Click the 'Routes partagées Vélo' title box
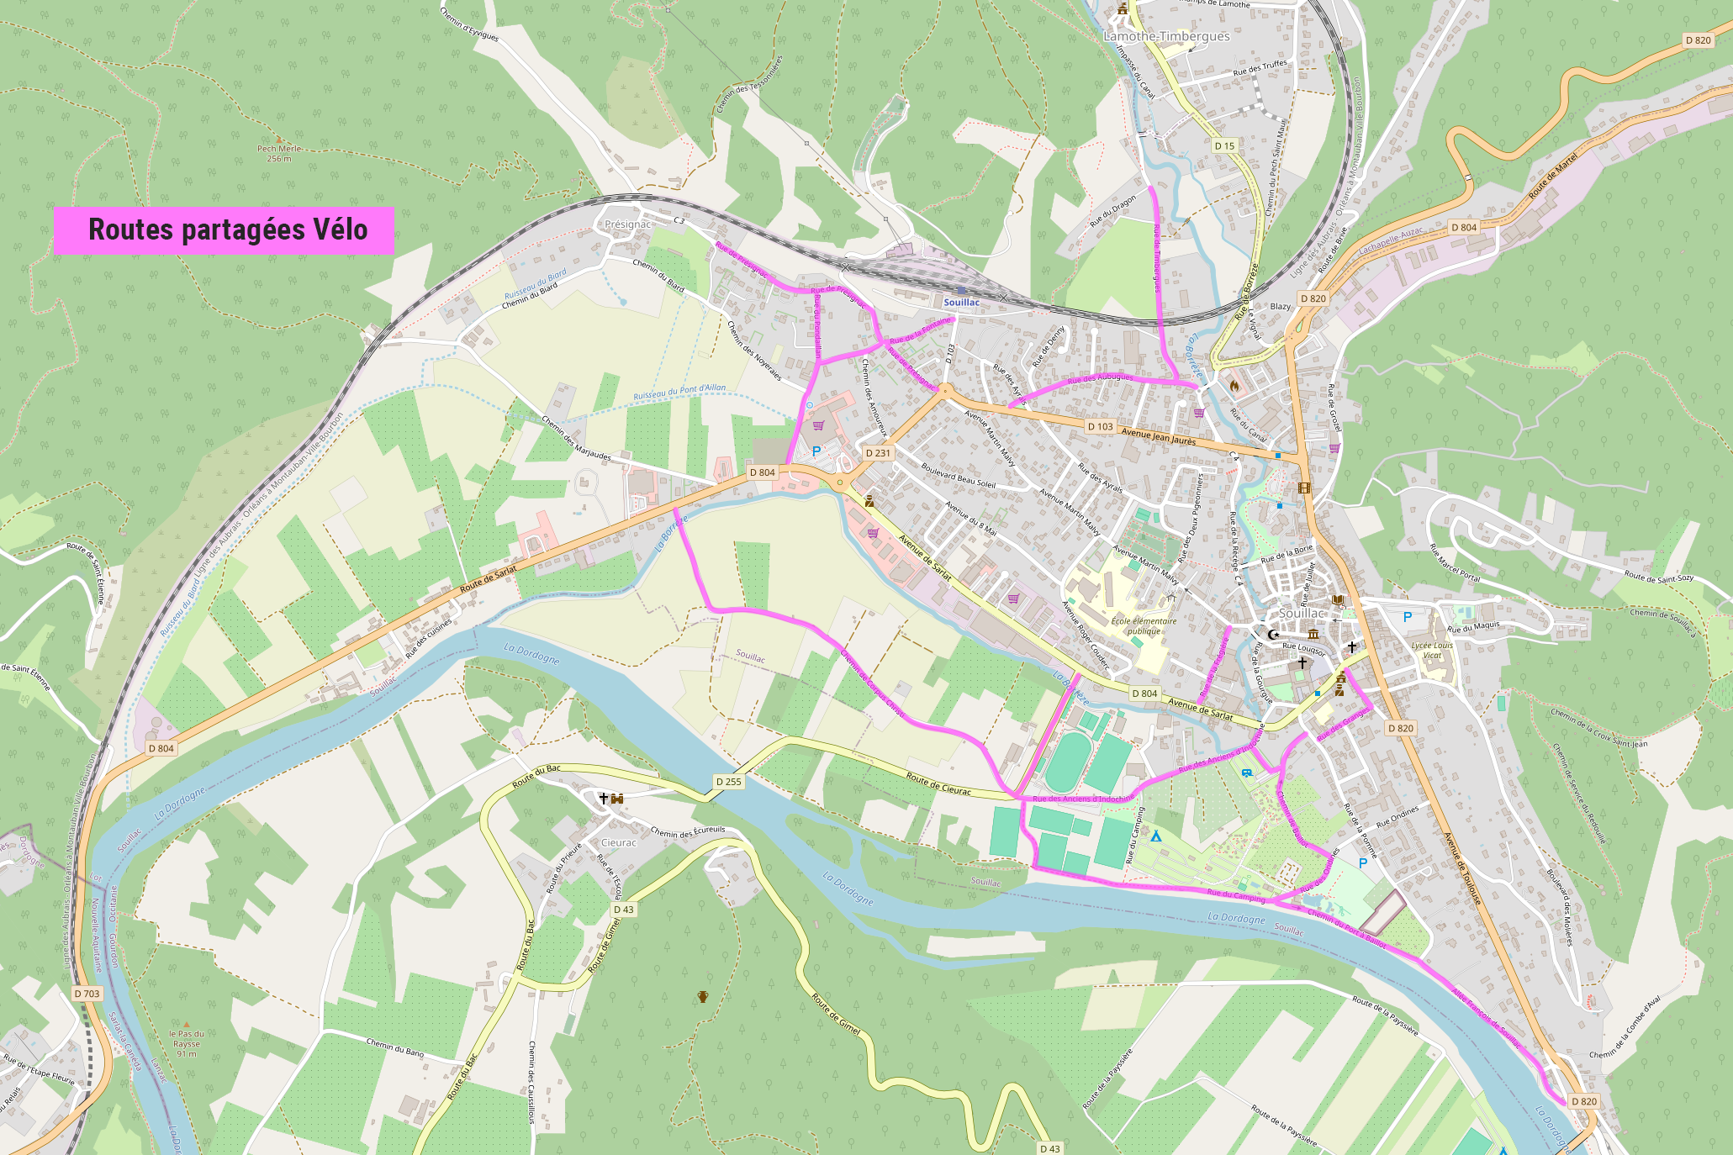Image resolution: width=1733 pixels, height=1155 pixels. pyautogui.click(x=224, y=229)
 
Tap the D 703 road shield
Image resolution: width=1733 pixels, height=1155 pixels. pyautogui.click(x=87, y=993)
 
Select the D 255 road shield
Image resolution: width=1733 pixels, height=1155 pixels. pyautogui.click(x=728, y=781)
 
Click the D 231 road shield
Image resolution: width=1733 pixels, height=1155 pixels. pyautogui.click(x=877, y=452)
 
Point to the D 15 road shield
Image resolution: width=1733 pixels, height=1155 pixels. pyautogui.click(x=1224, y=145)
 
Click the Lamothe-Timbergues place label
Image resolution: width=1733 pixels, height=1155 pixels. pyautogui.click(x=1165, y=36)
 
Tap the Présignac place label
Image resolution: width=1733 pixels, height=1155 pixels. pyautogui.click(x=627, y=224)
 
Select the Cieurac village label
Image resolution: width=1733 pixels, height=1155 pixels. pyautogui.click(x=619, y=842)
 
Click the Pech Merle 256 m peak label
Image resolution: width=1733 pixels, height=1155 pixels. pyautogui.click(x=279, y=153)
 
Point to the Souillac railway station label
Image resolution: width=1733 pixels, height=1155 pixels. pyautogui.click(x=961, y=302)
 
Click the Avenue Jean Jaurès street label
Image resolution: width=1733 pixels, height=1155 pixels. pyautogui.click(x=1158, y=437)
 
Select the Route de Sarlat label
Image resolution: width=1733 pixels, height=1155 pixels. pyautogui.click(x=489, y=579)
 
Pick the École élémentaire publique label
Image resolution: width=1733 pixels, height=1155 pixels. pyautogui.click(x=1144, y=625)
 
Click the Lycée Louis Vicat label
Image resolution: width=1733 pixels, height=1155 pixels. pyautogui.click(x=1432, y=650)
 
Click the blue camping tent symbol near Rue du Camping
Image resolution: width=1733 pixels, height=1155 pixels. pyautogui.click(x=1155, y=836)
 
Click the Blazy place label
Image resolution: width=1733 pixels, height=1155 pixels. pyautogui.click(x=1280, y=306)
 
